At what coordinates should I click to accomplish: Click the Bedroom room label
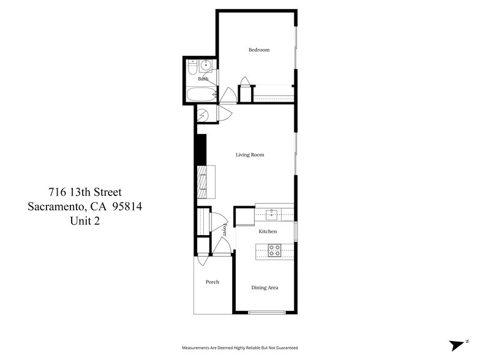258,50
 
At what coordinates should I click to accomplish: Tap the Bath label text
203,78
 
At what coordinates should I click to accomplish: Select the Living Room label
250,155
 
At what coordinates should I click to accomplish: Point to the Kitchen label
268,231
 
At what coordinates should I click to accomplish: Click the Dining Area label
265,287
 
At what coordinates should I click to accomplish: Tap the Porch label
212,282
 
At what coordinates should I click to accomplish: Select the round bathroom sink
206,66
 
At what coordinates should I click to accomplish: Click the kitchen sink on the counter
272,214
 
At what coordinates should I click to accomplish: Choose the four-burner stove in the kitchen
275,250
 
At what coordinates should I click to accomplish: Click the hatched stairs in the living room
203,182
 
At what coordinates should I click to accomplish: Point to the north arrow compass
458,345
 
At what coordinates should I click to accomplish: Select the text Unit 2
84,221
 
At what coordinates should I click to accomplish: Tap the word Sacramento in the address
58,206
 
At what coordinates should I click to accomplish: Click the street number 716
58,192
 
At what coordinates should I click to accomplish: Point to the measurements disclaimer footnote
239,347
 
